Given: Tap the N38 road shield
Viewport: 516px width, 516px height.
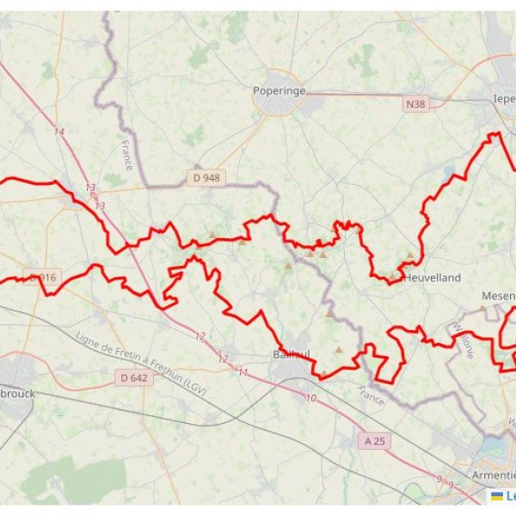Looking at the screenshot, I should pos(415,104).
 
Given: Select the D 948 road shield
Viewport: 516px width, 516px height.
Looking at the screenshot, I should pos(206,178).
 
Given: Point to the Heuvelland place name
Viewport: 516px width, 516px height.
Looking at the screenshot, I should pos(433,278).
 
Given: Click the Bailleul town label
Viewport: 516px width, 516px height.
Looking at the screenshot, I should pos(292,354).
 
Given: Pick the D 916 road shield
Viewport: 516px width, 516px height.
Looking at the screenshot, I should pos(41,277).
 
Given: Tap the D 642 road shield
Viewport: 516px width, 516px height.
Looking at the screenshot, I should pos(133,377).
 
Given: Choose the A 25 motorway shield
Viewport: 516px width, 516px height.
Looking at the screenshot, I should pos(373,440).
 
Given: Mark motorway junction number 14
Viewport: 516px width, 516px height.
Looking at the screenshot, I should pos(59,132).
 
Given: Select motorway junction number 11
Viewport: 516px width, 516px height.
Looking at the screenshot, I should pos(243,372).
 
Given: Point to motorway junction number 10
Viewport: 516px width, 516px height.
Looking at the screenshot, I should pos(310,398).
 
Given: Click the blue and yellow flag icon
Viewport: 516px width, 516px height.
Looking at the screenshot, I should pos(496,496).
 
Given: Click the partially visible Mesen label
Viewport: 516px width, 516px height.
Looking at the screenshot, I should pos(498,296).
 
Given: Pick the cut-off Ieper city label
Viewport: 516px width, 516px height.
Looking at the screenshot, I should pos(503,99).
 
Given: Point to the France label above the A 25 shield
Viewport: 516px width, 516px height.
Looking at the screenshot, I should pos(371,396).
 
